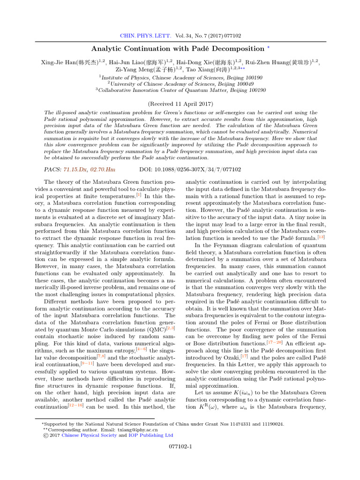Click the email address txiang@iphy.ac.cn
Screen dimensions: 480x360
137,429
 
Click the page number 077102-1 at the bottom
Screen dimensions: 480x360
180,447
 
